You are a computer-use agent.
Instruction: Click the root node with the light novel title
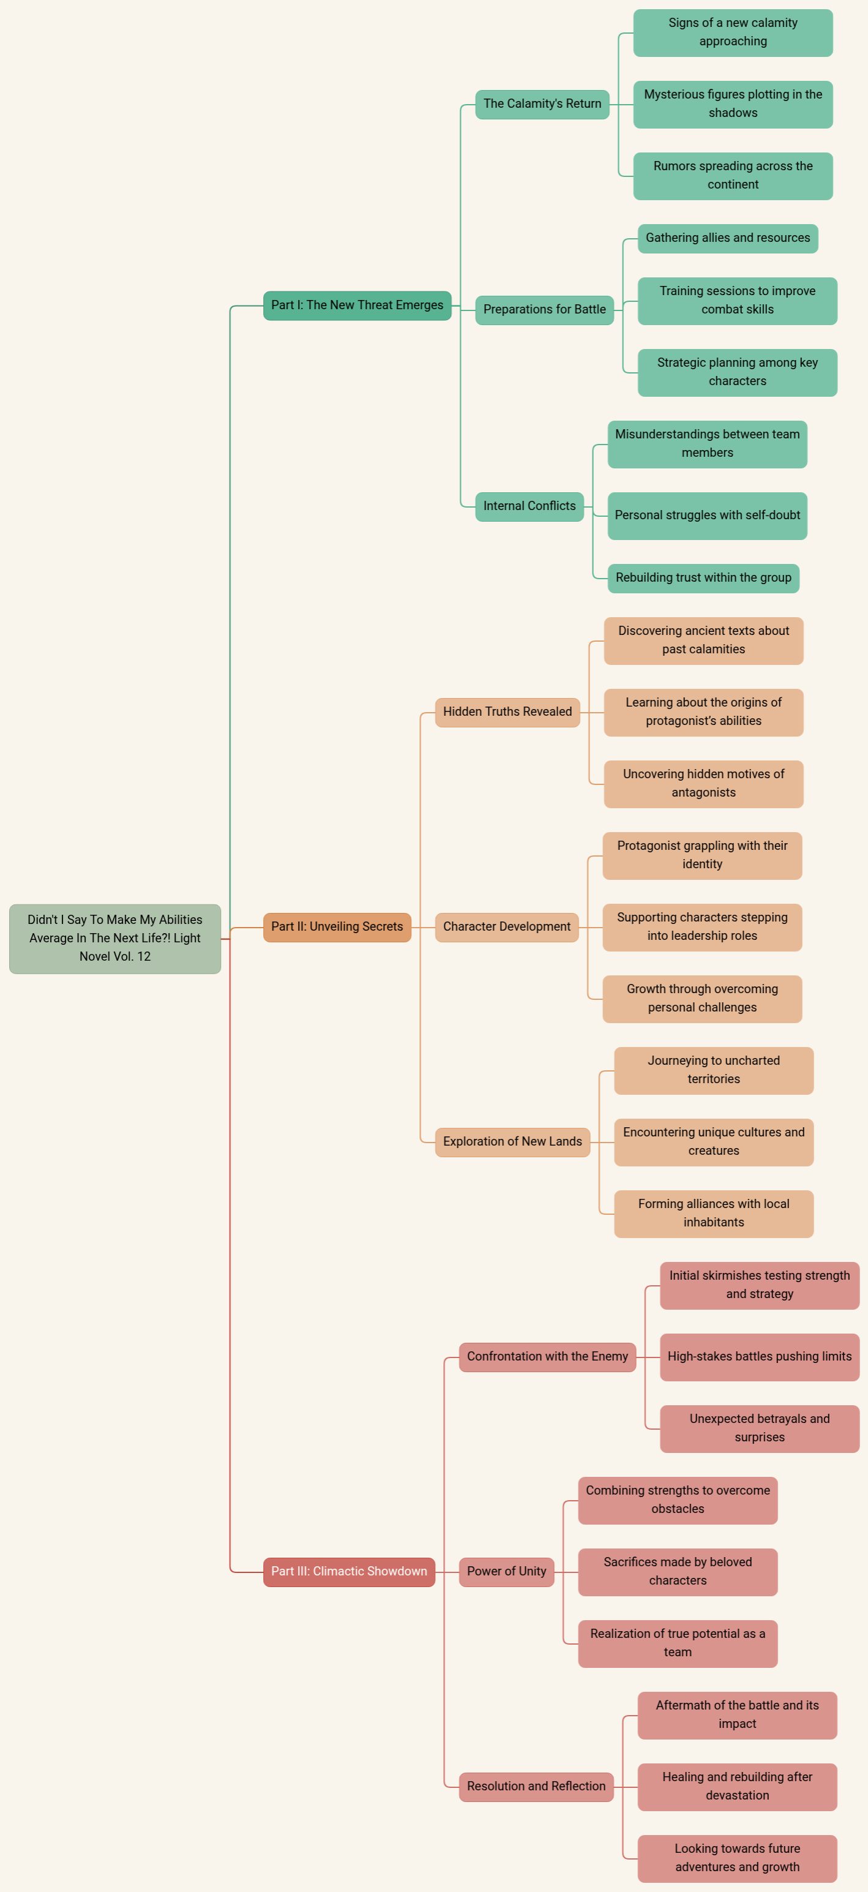[114, 939]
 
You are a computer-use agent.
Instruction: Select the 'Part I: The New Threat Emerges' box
[357, 306]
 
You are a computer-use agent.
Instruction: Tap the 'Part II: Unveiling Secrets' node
[337, 927]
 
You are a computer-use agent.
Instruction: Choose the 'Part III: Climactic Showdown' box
[349, 1572]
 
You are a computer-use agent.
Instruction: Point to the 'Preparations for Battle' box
[544, 310]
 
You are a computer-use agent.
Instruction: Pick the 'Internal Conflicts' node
[529, 507]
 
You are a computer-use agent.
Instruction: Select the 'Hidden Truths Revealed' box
[507, 713]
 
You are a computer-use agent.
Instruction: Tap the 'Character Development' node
[507, 927]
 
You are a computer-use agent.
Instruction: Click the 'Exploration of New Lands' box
[512, 1142]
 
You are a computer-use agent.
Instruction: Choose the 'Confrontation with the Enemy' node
[547, 1357]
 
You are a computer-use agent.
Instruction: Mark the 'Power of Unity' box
[507, 1572]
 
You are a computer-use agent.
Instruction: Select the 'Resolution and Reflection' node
[536, 1786]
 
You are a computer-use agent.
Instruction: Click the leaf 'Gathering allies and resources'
[728, 239]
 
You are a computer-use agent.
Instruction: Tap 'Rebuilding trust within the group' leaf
[703, 578]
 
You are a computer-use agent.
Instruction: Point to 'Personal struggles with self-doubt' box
[707, 516]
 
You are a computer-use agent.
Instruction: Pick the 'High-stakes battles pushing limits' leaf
[759, 1357]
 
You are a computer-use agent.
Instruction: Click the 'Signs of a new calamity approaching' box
[733, 33]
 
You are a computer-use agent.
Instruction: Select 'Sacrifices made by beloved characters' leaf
[678, 1572]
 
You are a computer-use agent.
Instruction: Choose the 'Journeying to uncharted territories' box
[714, 1070]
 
